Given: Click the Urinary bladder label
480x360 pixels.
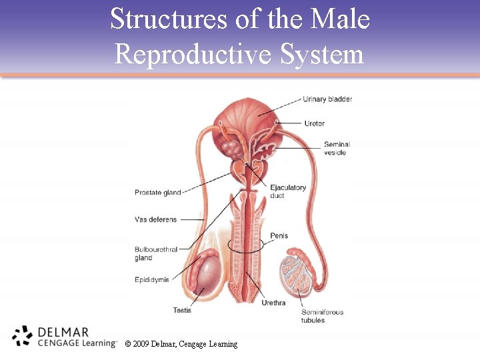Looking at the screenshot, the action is [x=327, y=99].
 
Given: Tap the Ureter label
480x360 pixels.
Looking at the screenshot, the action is [x=314, y=123].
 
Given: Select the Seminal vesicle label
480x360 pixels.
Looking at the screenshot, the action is [x=336, y=148].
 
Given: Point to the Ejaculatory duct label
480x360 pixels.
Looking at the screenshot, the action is [x=288, y=191].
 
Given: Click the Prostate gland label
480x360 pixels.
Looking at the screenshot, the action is [x=157, y=193].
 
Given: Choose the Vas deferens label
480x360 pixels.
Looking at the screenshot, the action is [x=155, y=219].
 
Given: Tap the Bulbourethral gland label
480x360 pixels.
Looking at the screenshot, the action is [x=156, y=253].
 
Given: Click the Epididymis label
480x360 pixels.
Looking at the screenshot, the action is [x=152, y=279].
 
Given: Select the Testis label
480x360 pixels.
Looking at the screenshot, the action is [x=182, y=310].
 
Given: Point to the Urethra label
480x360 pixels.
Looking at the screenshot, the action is [x=273, y=303].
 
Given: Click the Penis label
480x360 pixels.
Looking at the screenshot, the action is [x=279, y=236].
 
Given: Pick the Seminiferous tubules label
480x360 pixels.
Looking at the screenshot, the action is [x=322, y=316].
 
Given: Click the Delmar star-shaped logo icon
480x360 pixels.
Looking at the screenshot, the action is [x=22, y=336].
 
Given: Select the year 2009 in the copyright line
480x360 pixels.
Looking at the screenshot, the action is [x=141, y=344].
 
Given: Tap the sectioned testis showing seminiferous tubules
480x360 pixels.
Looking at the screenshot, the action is [x=294, y=274].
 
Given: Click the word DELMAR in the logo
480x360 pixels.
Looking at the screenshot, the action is [x=64, y=331].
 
